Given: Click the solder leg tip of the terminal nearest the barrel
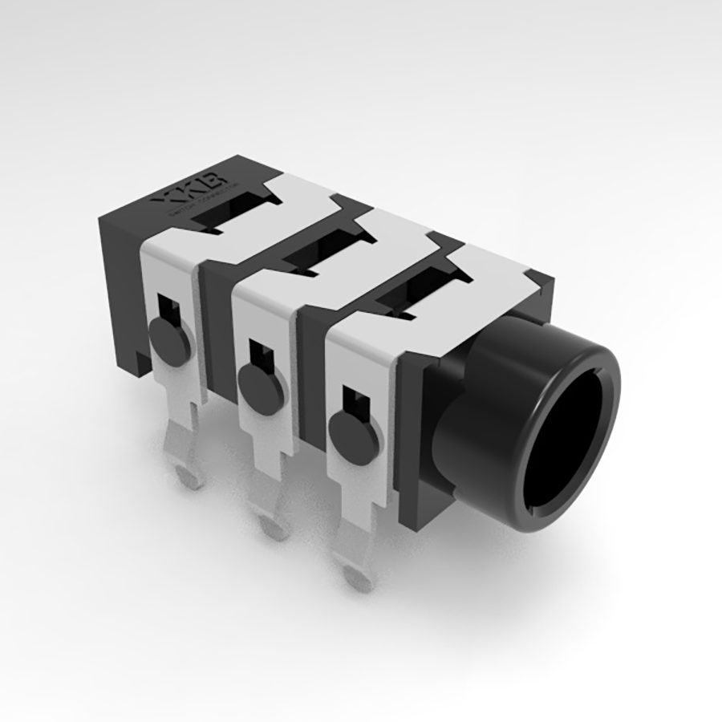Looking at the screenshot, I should [x=357, y=576].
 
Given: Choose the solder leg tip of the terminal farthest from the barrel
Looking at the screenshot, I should [x=189, y=477].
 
